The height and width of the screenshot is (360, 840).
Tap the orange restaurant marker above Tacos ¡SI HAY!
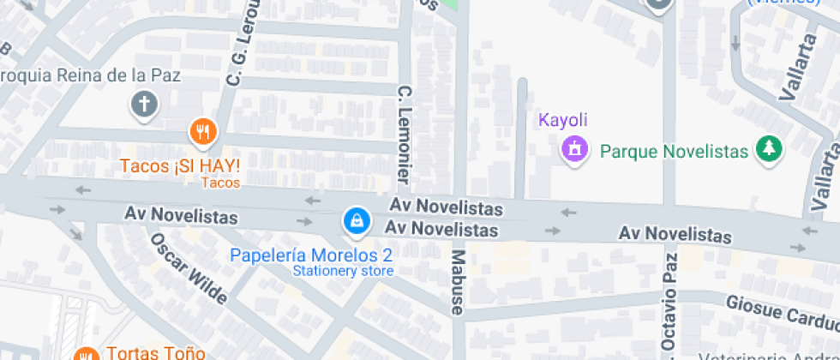pos(202,132)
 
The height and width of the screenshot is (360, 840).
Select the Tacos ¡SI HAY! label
pos(180,165)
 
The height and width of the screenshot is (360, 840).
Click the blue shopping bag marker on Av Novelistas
pos(355,221)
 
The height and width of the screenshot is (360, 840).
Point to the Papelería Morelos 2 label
pos(312,255)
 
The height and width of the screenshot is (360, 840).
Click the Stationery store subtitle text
pos(343,271)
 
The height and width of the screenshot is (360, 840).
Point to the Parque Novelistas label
pos(675,151)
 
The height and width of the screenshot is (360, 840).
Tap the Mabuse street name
pos(458,283)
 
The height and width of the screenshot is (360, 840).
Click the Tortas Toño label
pos(155,352)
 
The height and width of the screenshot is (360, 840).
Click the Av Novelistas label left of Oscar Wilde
pos(181,214)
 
